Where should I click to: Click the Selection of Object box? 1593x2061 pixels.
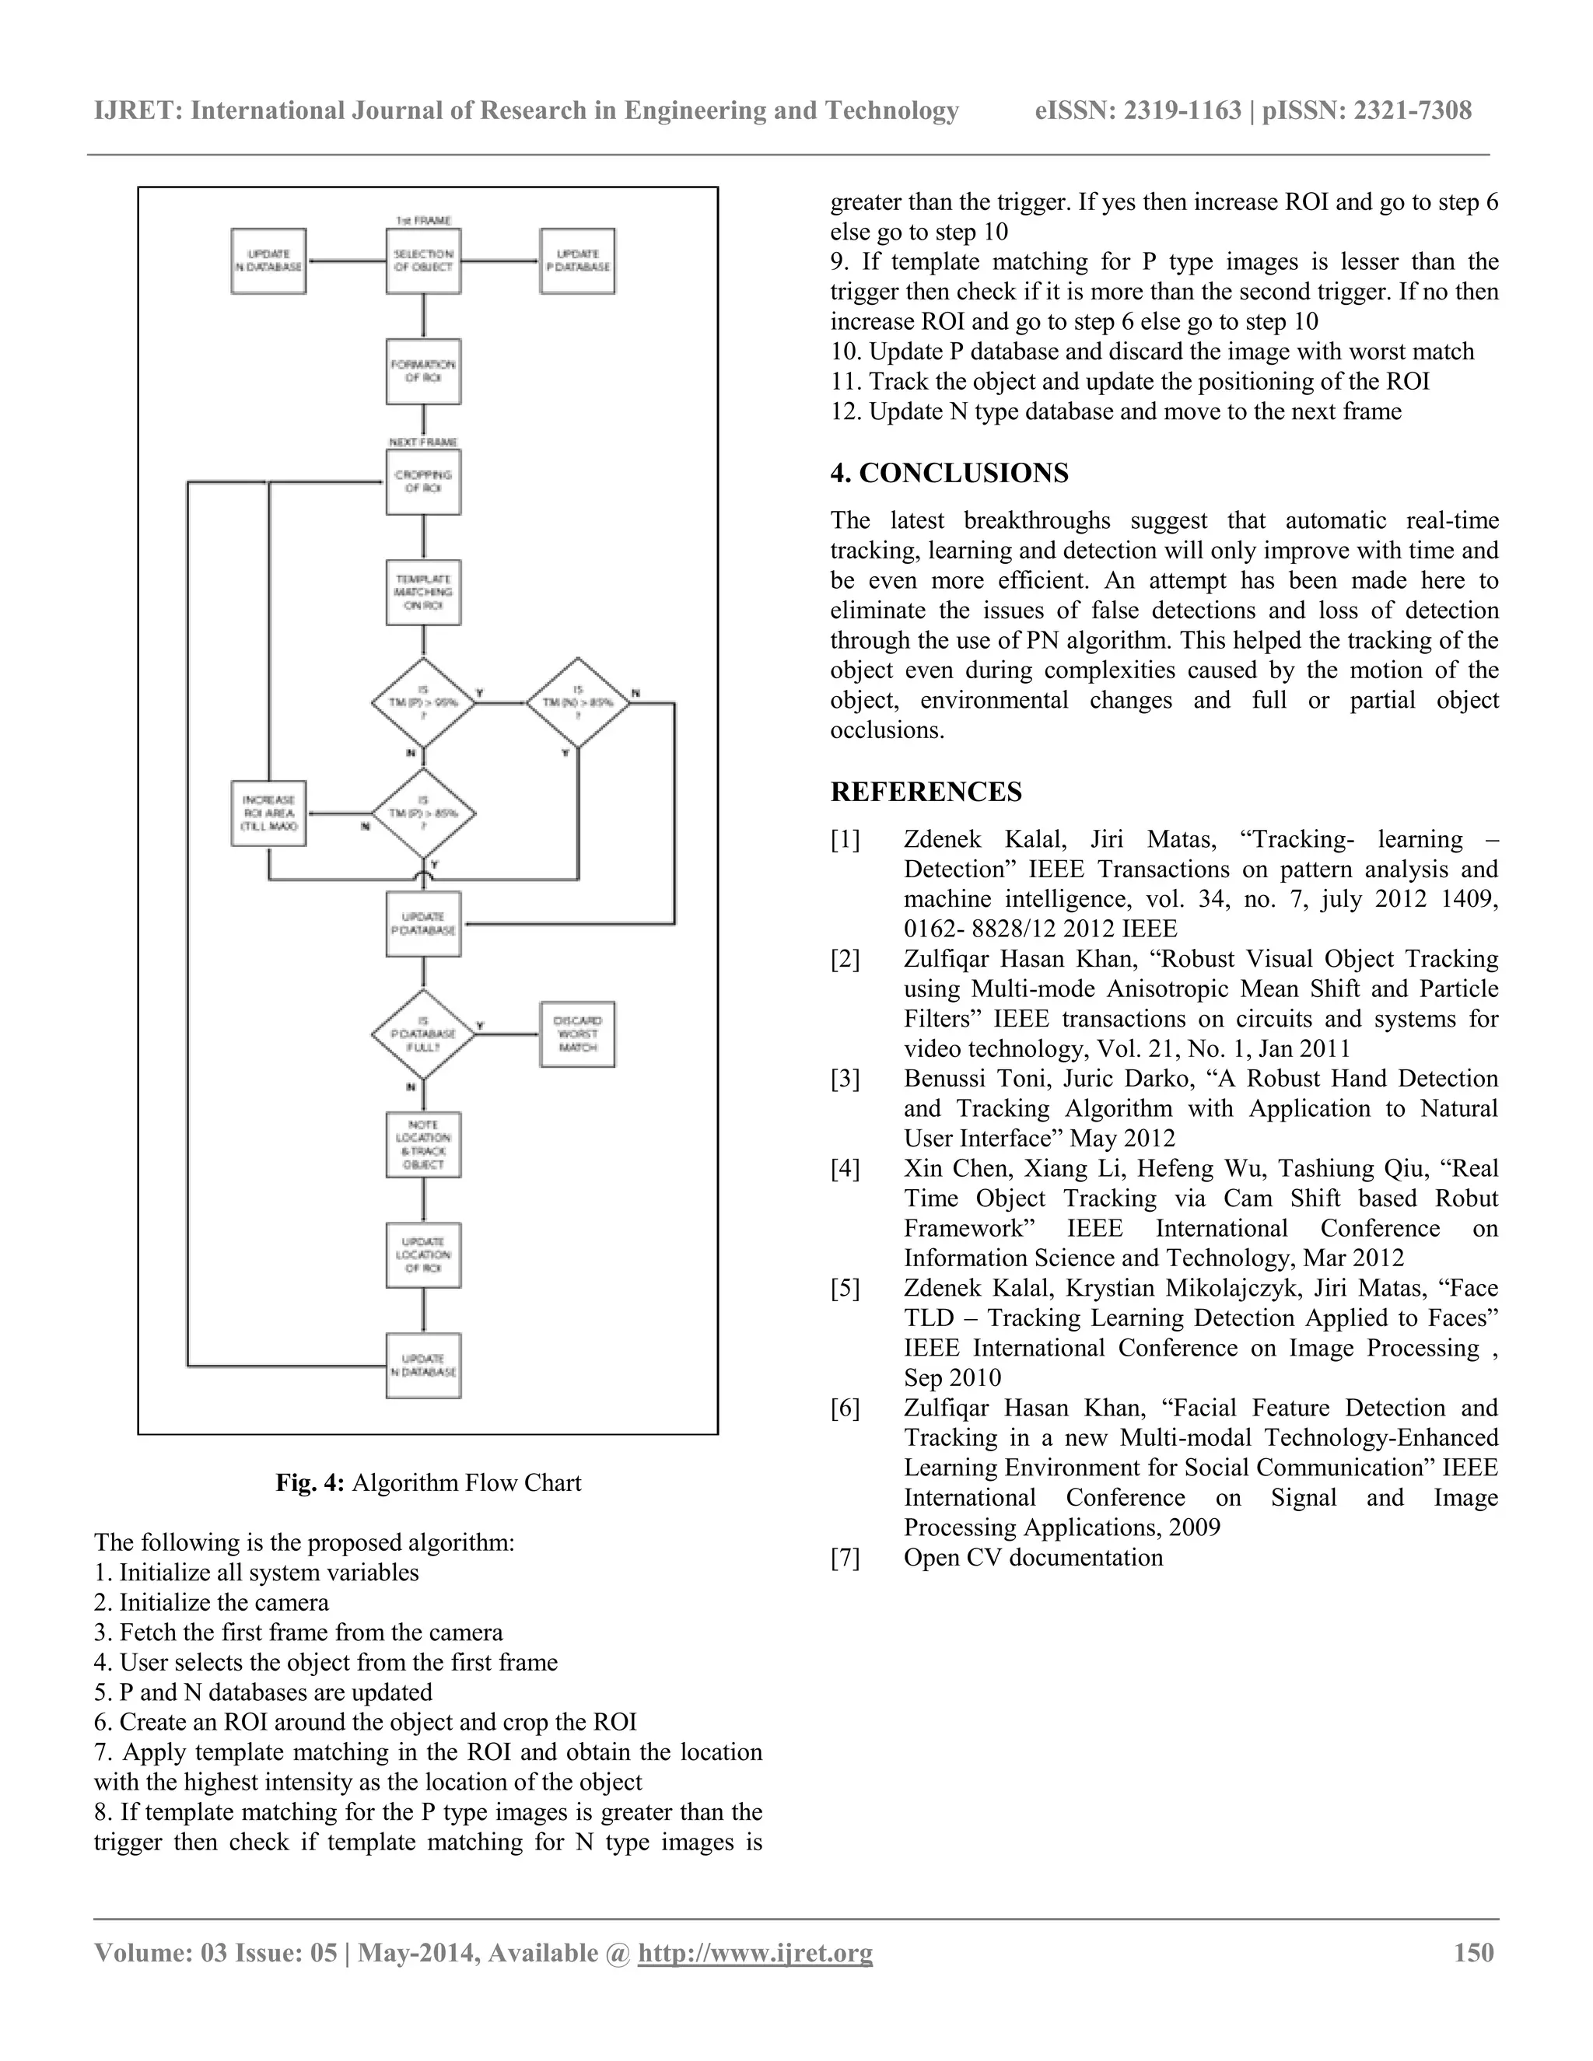click(423, 261)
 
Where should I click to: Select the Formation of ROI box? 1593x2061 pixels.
click(423, 372)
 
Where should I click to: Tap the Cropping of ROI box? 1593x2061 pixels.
click(423, 482)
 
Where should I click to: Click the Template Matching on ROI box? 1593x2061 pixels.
click(423, 593)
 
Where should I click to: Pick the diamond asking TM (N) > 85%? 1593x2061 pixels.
click(578, 703)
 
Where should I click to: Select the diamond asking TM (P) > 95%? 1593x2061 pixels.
click(423, 703)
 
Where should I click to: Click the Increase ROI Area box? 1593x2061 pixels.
click(269, 814)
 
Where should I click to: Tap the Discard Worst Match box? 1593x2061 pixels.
click(578, 1034)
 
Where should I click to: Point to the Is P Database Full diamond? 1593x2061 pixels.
click(423, 1034)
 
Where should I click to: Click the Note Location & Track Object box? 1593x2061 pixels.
click(423, 1145)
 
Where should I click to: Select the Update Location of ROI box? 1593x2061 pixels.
click(423, 1255)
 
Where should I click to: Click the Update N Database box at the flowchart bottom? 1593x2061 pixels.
click(423, 1366)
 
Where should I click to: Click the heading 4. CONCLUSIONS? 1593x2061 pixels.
click(950, 474)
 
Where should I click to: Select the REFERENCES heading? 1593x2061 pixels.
click(926, 792)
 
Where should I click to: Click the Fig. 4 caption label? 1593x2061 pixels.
click(310, 1482)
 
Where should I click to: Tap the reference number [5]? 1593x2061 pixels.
click(846, 1289)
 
